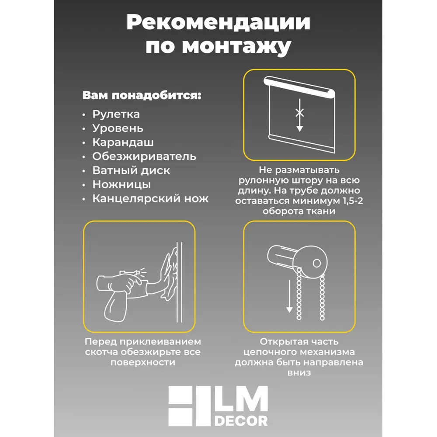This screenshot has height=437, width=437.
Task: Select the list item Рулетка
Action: click(116, 114)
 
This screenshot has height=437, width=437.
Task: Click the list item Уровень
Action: click(118, 128)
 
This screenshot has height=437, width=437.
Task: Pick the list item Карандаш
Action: click(123, 142)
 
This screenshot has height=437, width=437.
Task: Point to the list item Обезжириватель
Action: click(144, 156)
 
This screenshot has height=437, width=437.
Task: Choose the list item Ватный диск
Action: click(131, 170)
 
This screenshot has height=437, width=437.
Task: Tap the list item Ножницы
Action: click(121, 184)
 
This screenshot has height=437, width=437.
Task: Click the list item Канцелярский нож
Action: click(150, 199)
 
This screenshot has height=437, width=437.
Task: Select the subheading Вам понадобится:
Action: click(142, 96)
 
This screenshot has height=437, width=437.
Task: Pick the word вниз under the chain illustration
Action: click(299, 373)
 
